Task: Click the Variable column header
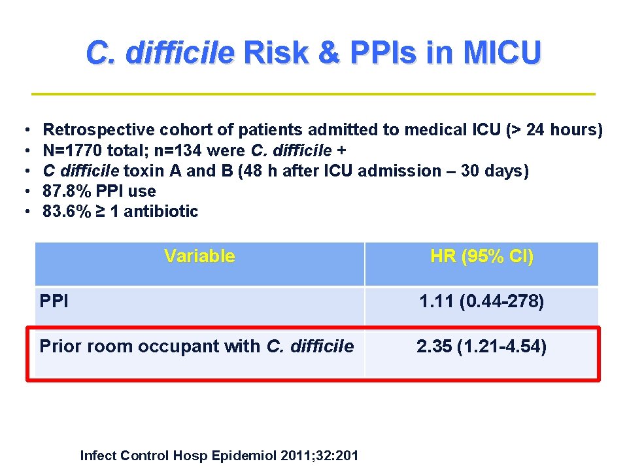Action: (199, 256)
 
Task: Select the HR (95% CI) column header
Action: (482, 256)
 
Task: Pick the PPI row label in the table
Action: (54, 302)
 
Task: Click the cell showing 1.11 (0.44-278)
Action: (482, 302)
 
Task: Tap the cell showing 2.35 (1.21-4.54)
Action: (482, 346)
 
